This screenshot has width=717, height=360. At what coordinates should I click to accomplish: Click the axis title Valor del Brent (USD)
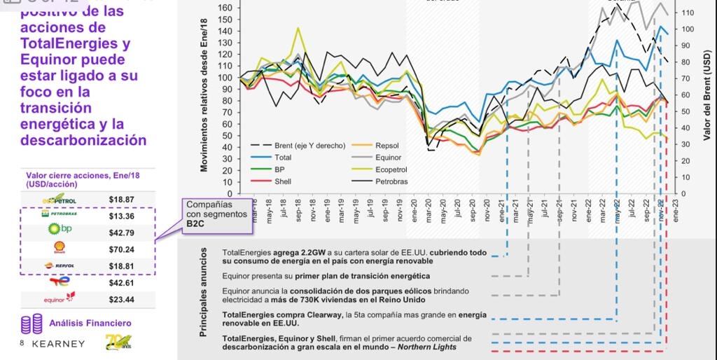click(x=707, y=99)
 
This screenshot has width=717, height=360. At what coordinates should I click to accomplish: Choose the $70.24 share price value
click(x=121, y=249)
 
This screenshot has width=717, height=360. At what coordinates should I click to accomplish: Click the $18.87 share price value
click(x=121, y=199)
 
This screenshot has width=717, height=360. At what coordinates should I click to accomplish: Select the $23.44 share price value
click(x=121, y=300)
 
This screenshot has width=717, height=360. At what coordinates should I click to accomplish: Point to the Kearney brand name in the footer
click(x=59, y=344)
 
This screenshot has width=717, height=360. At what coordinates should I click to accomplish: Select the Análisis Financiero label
click(x=90, y=323)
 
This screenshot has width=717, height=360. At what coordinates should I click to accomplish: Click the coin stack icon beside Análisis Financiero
click(x=27, y=324)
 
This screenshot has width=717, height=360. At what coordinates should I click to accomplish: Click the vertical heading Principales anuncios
click(x=204, y=296)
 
